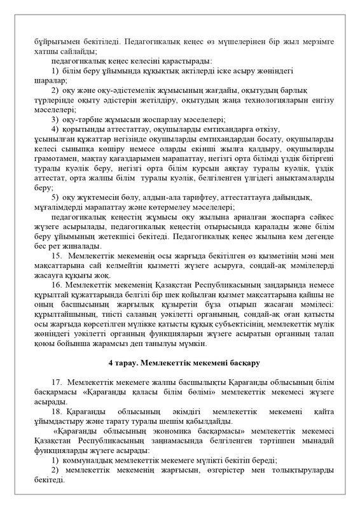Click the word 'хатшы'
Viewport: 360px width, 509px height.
pyautogui.click(x=44, y=50)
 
